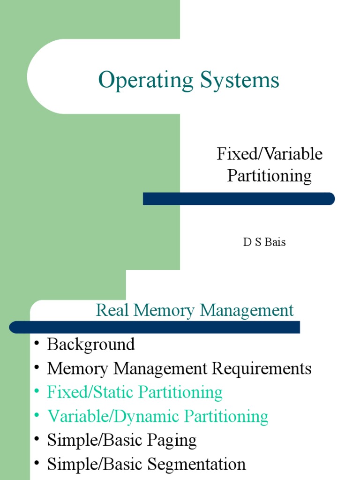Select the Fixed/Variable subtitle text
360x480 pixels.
tap(270, 154)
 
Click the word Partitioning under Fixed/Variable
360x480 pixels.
tap(270, 176)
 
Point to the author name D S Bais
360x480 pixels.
tap(264, 243)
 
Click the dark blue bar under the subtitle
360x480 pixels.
tap(239, 199)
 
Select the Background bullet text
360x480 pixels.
tap(91, 345)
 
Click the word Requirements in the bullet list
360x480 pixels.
tap(262, 368)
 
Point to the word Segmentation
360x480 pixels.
tap(196, 465)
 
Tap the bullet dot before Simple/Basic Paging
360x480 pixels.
tap(37, 441)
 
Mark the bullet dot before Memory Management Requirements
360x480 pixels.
tap(37, 369)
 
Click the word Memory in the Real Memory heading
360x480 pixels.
tap(165, 310)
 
